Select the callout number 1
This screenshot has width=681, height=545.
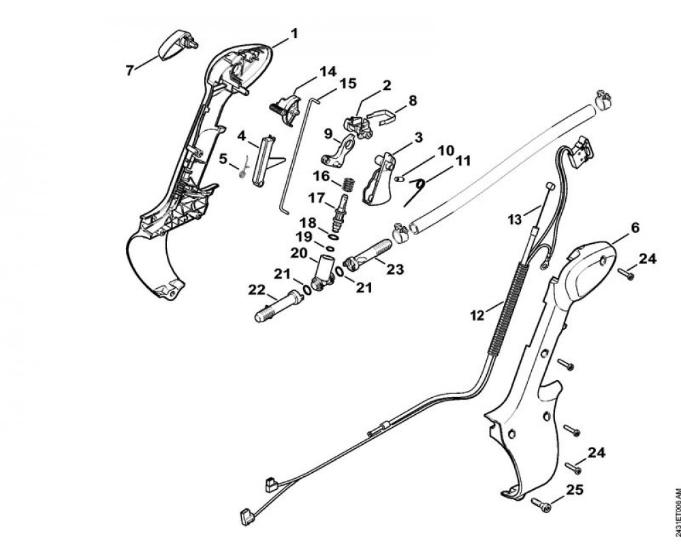pos(294,33)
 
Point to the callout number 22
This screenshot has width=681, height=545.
pos(257,290)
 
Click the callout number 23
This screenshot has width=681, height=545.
pos(394,270)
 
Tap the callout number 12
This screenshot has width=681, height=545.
pos(476,315)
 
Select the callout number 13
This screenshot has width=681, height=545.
pos(516,219)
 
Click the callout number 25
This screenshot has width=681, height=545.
pos(575,489)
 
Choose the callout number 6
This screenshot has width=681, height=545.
pos(635,228)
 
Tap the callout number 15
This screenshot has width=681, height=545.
pos(348,83)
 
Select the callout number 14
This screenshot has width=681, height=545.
pos(328,71)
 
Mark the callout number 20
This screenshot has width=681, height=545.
pos(299,253)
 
